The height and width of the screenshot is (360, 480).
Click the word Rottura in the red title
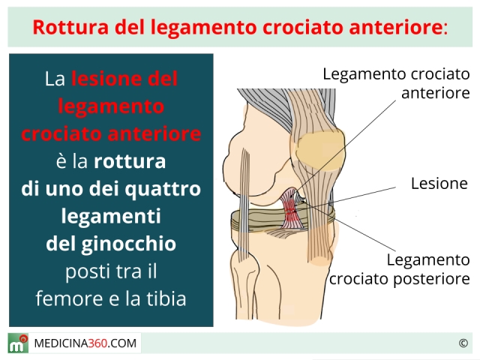point(70,27)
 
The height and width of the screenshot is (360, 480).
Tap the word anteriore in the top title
point(395,27)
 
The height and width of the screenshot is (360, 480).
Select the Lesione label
point(439,183)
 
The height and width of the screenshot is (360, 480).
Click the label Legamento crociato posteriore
point(400,269)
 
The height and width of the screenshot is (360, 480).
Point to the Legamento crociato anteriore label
point(397,83)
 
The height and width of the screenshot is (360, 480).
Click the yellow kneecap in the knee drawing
point(320,150)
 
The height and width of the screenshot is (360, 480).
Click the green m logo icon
point(18,343)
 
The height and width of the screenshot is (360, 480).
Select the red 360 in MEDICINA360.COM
point(97,343)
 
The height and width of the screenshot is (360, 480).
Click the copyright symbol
point(463,343)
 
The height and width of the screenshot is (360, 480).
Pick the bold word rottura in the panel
point(130,162)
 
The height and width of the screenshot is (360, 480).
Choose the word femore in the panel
point(69,299)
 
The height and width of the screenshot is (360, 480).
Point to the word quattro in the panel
point(163,190)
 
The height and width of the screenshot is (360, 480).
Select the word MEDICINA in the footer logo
point(61,343)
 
